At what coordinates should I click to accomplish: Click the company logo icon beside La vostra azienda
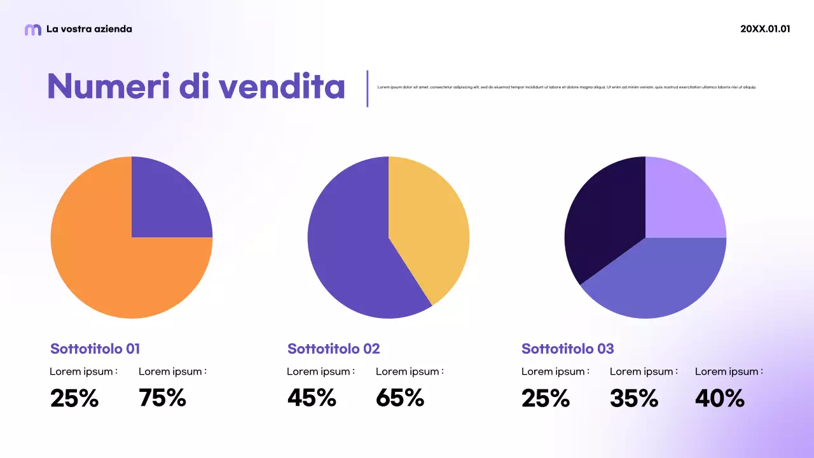tap(32, 29)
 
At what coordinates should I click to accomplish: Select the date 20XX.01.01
tap(765, 29)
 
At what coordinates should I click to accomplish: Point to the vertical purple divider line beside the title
tap(368, 88)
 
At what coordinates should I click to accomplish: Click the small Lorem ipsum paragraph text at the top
tap(566, 87)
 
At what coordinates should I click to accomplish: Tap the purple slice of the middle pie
tap(356, 254)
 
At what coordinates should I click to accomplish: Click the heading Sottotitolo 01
tap(95, 349)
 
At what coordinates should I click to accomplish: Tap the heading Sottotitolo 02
tap(333, 349)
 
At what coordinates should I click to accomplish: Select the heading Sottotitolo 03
tap(567, 349)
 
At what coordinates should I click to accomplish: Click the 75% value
tap(162, 398)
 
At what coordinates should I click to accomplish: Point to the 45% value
tap(312, 398)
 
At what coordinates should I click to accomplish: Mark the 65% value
tap(400, 398)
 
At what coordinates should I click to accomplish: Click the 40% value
tap(719, 398)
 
